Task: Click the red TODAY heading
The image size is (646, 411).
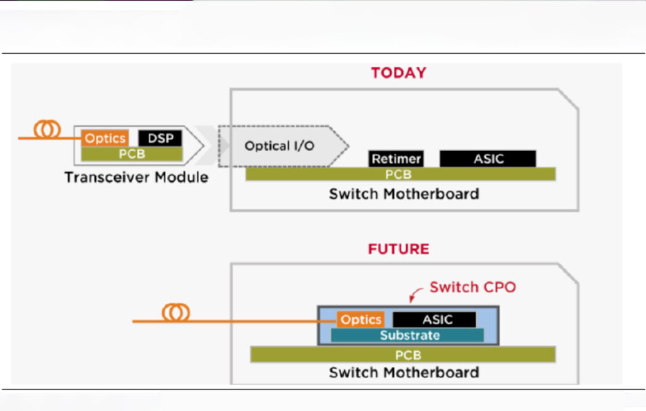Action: point(398,73)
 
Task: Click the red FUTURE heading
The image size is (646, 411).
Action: point(398,249)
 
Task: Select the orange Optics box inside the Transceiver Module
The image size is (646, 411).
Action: point(105,138)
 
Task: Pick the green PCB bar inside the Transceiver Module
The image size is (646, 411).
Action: point(132,154)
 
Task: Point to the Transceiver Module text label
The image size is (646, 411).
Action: point(136,177)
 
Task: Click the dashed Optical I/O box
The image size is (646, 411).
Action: point(278,146)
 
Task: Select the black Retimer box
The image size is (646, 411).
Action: point(396,159)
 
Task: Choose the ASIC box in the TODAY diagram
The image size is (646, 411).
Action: point(488,159)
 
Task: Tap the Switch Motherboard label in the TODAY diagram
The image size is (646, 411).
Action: point(404,194)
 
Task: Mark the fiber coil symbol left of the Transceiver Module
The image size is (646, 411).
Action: point(47,130)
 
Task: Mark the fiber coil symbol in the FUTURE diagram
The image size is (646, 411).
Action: point(176,313)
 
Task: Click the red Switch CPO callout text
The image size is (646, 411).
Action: point(473,287)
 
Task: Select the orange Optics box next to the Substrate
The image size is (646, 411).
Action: point(360,320)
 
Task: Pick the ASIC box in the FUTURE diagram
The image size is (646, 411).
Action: point(435,320)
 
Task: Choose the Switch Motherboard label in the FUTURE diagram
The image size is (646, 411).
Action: point(404,372)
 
